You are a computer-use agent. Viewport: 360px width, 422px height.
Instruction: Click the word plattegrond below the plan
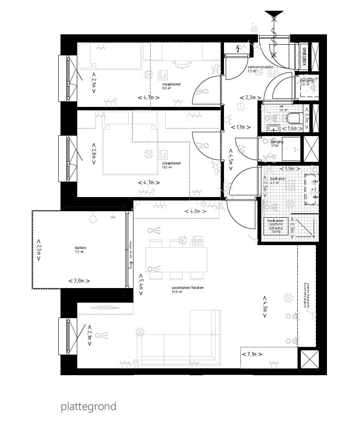click(x=88, y=406)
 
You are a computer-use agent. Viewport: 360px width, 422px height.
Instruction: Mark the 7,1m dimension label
click(x=252, y=354)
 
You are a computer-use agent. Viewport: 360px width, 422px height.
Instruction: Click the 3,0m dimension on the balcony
click(x=79, y=281)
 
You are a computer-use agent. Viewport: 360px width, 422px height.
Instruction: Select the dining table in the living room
click(x=176, y=259)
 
